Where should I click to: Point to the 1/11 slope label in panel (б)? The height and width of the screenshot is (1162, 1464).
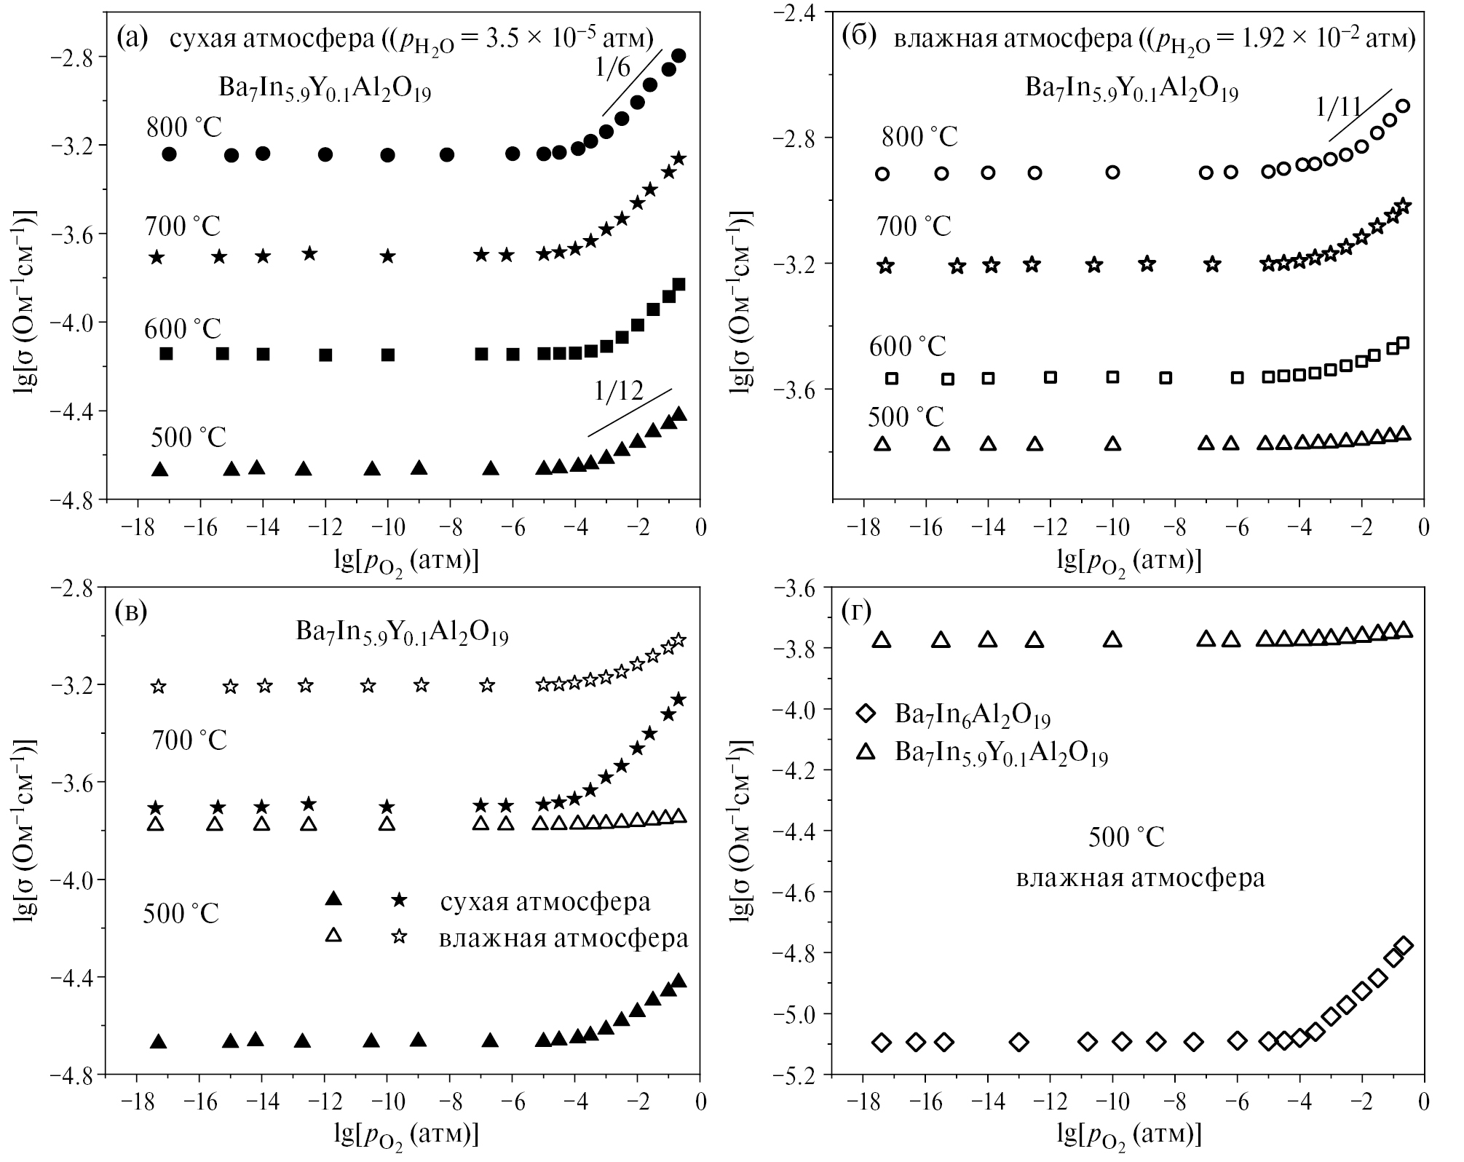(1339, 107)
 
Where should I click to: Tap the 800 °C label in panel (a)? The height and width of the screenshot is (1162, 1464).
(183, 127)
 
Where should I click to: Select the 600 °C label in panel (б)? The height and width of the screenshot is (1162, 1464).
(907, 346)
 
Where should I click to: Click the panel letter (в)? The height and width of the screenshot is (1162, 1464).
(131, 612)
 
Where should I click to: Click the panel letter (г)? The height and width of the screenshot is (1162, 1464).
(856, 612)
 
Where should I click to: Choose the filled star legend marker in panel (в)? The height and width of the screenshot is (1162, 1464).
(398, 900)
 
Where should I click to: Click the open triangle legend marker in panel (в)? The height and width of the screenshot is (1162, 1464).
(333, 935)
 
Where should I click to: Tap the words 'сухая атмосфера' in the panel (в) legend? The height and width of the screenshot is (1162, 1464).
(545, 901)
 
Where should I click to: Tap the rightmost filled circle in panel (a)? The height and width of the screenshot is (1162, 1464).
(678, 55)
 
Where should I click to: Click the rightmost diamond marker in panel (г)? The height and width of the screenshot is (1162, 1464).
(1404, 946)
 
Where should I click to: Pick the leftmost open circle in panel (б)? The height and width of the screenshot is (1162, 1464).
(882, 173)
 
